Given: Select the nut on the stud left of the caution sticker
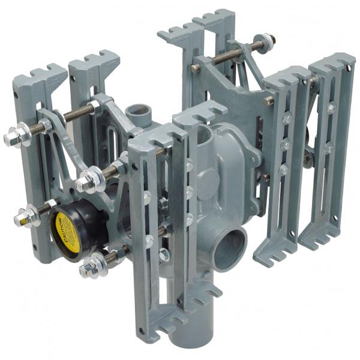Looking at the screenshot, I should pos(27,216).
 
